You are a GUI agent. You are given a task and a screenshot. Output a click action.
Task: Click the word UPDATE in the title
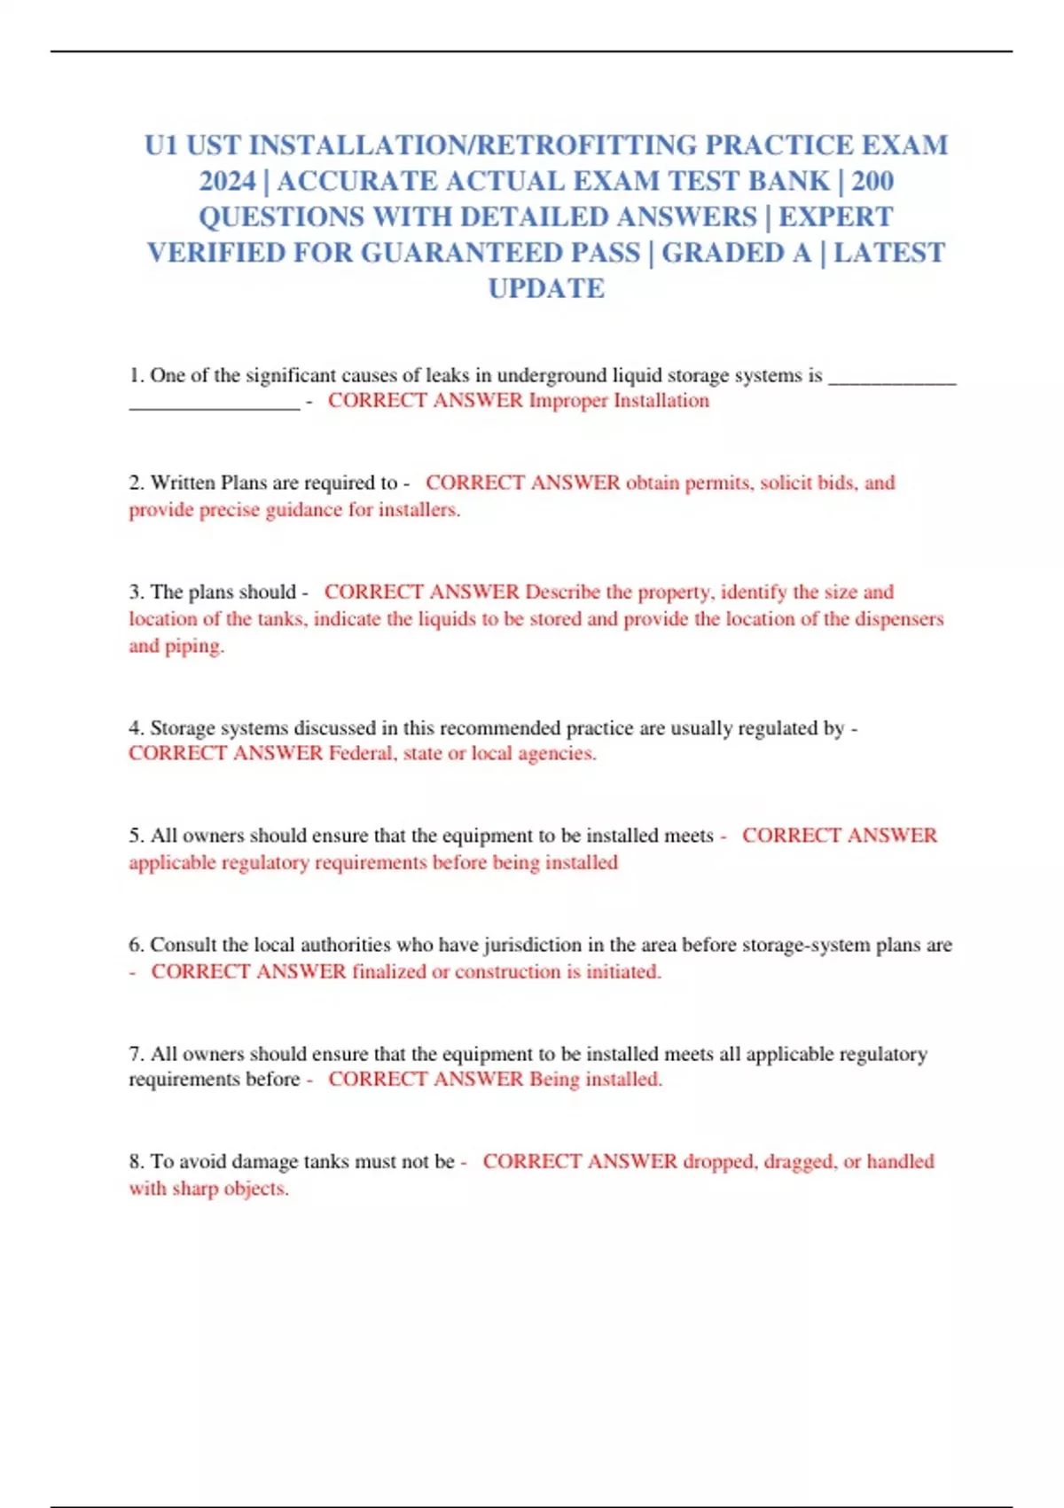(546, 288)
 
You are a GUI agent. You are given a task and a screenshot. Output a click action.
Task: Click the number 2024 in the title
(227, 181)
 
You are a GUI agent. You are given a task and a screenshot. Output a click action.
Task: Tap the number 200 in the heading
(872, 181)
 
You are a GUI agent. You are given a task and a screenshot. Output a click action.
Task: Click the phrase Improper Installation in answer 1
(619, 400)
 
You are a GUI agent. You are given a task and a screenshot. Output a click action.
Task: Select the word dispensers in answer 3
(899, 618)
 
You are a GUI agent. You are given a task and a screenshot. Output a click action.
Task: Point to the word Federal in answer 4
(361, 753)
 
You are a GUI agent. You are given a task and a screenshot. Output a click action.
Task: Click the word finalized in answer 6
(389, 971)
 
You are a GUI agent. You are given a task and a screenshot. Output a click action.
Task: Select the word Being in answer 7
(554, 1079)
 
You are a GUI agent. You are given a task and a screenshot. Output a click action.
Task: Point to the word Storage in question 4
(181, 728)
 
